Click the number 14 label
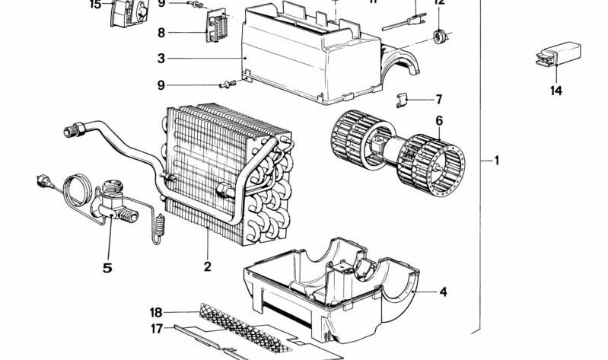coord(556,91)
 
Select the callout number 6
coord(439,119)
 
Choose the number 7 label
coord(438,99)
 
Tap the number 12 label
coord(439,2)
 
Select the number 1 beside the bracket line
coord(496,161)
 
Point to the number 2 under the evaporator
coord(207,266)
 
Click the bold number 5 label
coord(107,268)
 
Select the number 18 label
coord(155,313)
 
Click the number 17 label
coord(155,329)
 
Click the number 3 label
coord(161,58)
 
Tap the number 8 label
coord(161,33)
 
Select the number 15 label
coord(94,4)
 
